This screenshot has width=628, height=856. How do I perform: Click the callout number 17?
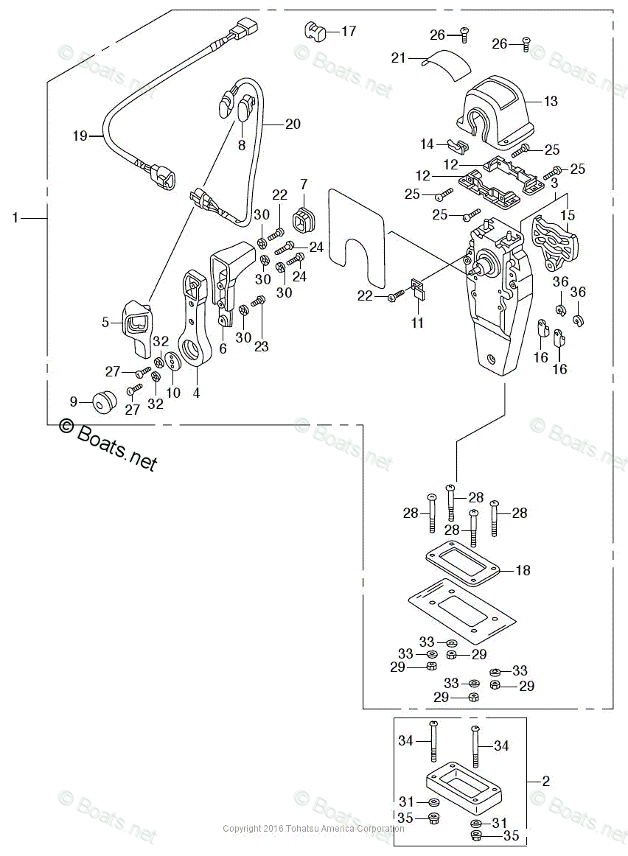348,31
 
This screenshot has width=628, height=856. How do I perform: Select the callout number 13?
551,102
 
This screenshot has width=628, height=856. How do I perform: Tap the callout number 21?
399,57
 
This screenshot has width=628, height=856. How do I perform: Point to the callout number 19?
80,136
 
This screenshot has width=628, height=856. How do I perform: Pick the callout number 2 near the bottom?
545,781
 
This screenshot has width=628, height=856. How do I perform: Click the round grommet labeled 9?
102,401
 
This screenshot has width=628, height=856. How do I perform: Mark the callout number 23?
262,346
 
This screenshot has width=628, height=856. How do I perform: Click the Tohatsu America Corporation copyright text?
314,829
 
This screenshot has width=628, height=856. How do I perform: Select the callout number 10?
173,393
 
